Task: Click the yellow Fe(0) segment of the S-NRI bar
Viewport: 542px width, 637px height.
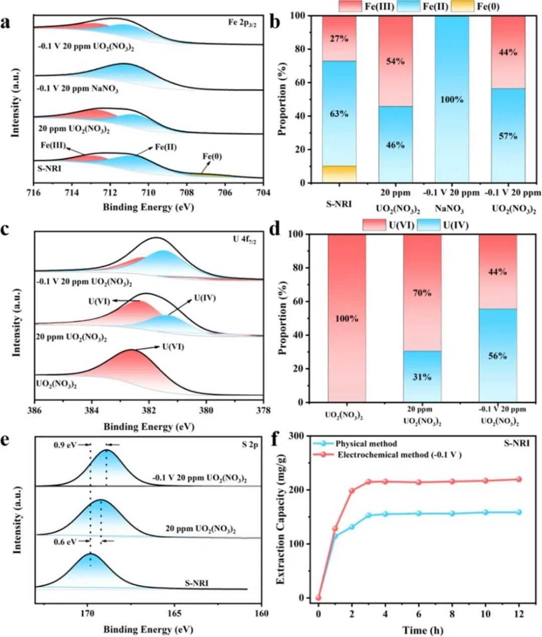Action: [339, 174]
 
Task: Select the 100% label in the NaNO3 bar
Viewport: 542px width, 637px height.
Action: [451, 100]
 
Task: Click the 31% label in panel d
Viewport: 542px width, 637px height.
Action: [422, 377]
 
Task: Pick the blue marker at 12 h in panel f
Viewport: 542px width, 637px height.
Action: [519, 512]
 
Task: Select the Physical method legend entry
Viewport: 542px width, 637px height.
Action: [366, 443]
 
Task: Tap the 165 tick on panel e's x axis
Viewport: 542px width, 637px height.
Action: [175, 612]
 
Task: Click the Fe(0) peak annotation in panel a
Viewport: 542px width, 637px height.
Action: [212, 157]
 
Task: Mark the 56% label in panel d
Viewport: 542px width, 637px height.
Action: [497, 356]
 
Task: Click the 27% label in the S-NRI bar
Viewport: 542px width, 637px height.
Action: [339, 38]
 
